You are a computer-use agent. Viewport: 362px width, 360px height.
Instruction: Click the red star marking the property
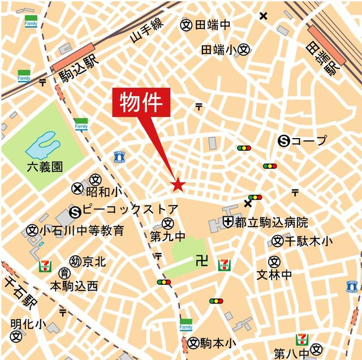pos(178,185)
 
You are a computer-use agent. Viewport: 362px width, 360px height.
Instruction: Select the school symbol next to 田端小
pos(244,50)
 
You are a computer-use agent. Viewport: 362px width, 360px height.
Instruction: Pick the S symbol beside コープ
pos(284,141)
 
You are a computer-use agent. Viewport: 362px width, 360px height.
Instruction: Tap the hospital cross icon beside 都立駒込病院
pos(229,221)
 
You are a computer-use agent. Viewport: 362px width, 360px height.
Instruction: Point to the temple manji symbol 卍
pos(199,261)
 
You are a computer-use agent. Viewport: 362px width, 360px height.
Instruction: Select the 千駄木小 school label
pos(308,241)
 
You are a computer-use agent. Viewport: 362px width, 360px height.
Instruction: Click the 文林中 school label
pos(274,275)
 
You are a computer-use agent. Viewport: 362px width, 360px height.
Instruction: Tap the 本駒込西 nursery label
pos(74,286)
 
